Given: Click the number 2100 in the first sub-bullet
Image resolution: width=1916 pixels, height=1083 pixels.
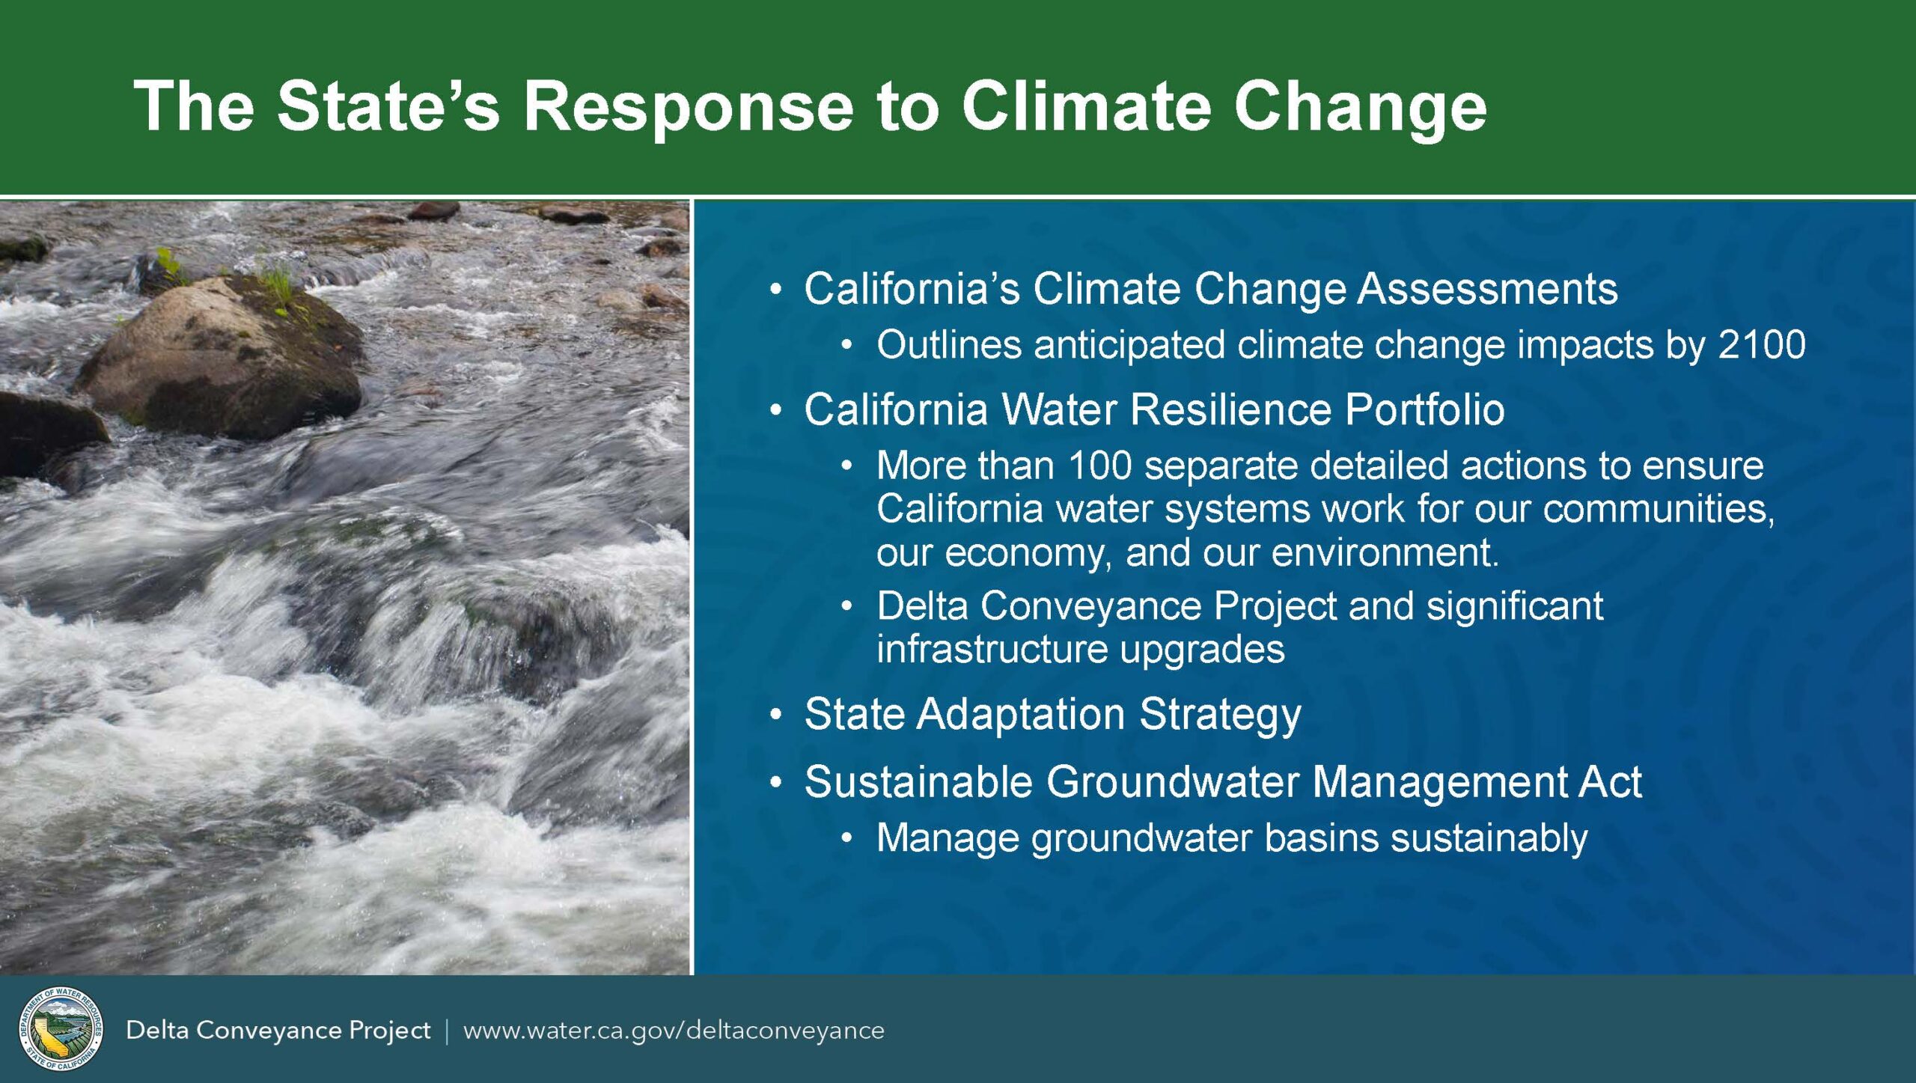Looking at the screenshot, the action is coord(1762,344).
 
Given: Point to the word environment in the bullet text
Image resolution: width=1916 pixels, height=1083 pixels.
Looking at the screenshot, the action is coord(1385,553).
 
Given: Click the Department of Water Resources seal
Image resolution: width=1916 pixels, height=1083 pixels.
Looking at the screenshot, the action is coord(61,1028).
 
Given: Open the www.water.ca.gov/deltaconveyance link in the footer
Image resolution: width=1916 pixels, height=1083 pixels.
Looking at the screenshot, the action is coord(674,1031).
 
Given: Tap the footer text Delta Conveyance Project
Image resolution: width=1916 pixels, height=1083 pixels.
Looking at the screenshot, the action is coord(278,1031).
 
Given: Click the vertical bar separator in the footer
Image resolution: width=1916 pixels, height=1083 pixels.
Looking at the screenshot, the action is coord(447,1031).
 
